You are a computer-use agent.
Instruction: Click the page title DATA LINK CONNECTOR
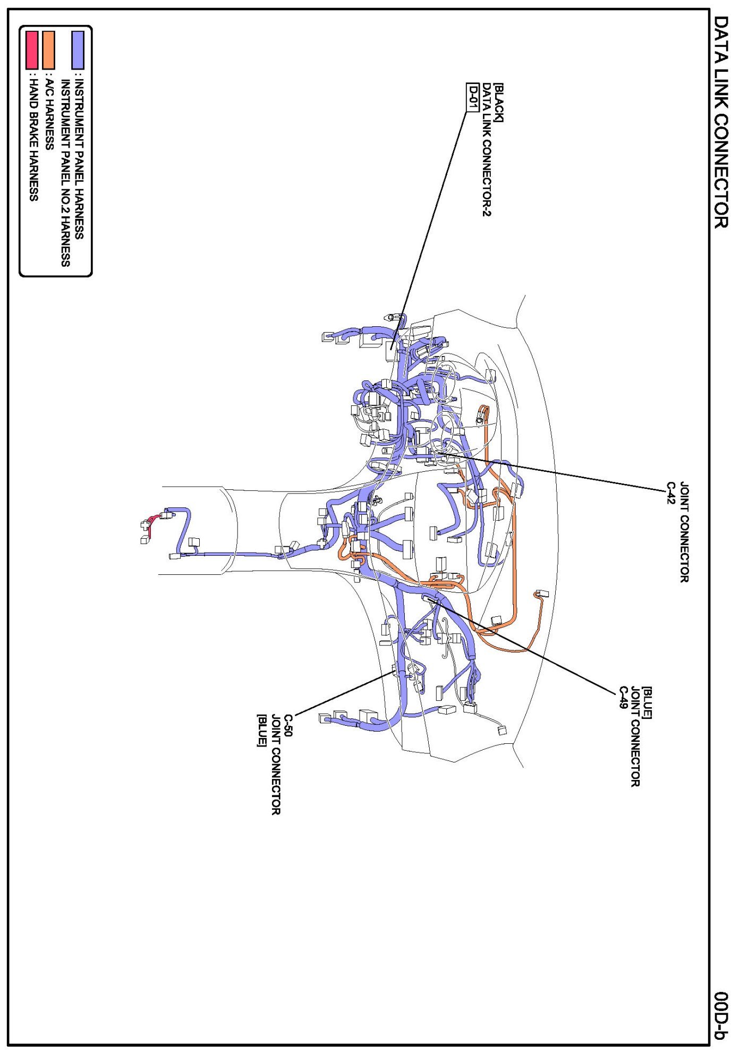click(x=720, y=122)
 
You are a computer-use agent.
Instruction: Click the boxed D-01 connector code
click(x=472, y=97)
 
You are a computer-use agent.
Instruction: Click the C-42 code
click(x=671, y=493)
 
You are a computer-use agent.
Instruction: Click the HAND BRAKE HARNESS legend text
click(x=33, y=139)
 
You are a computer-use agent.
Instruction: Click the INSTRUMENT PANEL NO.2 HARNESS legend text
click(x=65, y=173)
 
